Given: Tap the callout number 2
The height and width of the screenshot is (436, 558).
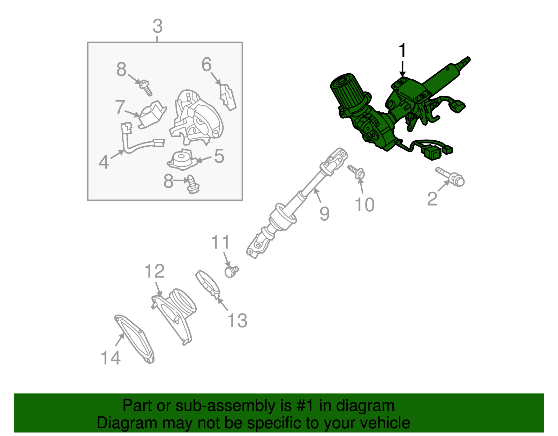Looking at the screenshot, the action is (432, 199).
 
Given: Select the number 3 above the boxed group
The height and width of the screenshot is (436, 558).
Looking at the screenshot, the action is (157, 26).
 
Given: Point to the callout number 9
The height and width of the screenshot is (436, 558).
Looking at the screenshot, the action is (325, 214).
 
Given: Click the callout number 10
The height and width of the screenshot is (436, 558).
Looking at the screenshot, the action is (364, 205).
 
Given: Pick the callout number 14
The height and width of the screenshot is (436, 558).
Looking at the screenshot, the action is (111, 358).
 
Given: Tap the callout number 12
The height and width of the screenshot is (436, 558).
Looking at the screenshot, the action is (154, 271).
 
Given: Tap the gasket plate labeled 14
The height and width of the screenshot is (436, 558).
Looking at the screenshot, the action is (134, 339).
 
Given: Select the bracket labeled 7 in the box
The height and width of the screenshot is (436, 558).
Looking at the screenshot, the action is (152, 114).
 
